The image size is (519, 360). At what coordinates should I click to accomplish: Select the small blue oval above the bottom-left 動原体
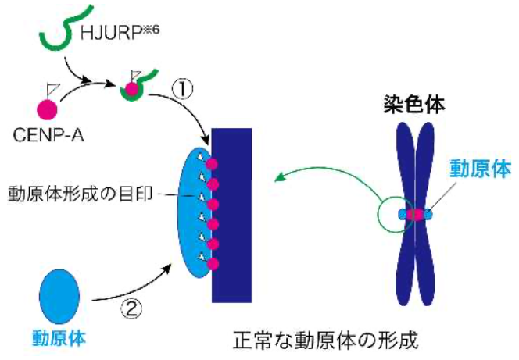(59, 296)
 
